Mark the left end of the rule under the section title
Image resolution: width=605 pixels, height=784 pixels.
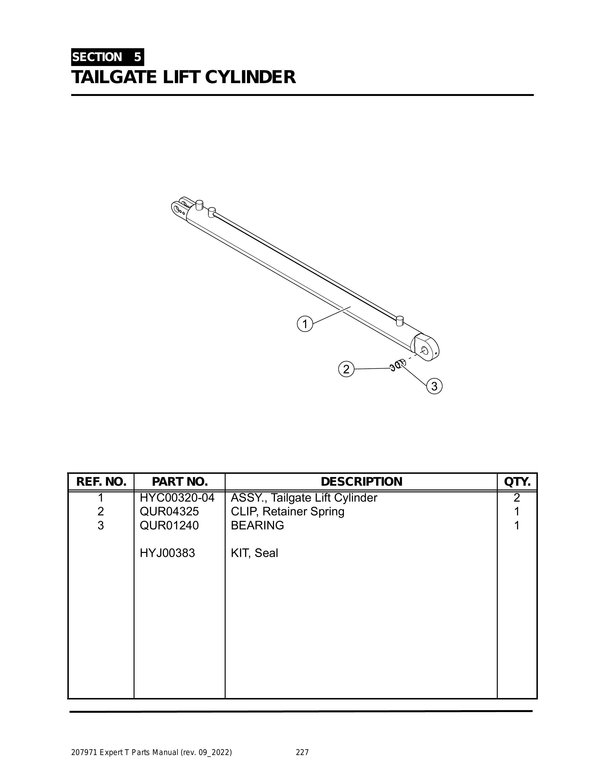point(71,95)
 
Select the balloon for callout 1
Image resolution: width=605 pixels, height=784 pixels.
point(305,324)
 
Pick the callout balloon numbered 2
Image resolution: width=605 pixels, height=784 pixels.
point(346,369)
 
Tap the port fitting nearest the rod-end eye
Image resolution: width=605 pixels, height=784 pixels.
point(400,320)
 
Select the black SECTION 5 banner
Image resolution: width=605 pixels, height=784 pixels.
point(107,57)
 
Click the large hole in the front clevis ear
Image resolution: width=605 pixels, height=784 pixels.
point(176,208)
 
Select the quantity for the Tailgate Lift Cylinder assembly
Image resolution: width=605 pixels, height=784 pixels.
point(517,498)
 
